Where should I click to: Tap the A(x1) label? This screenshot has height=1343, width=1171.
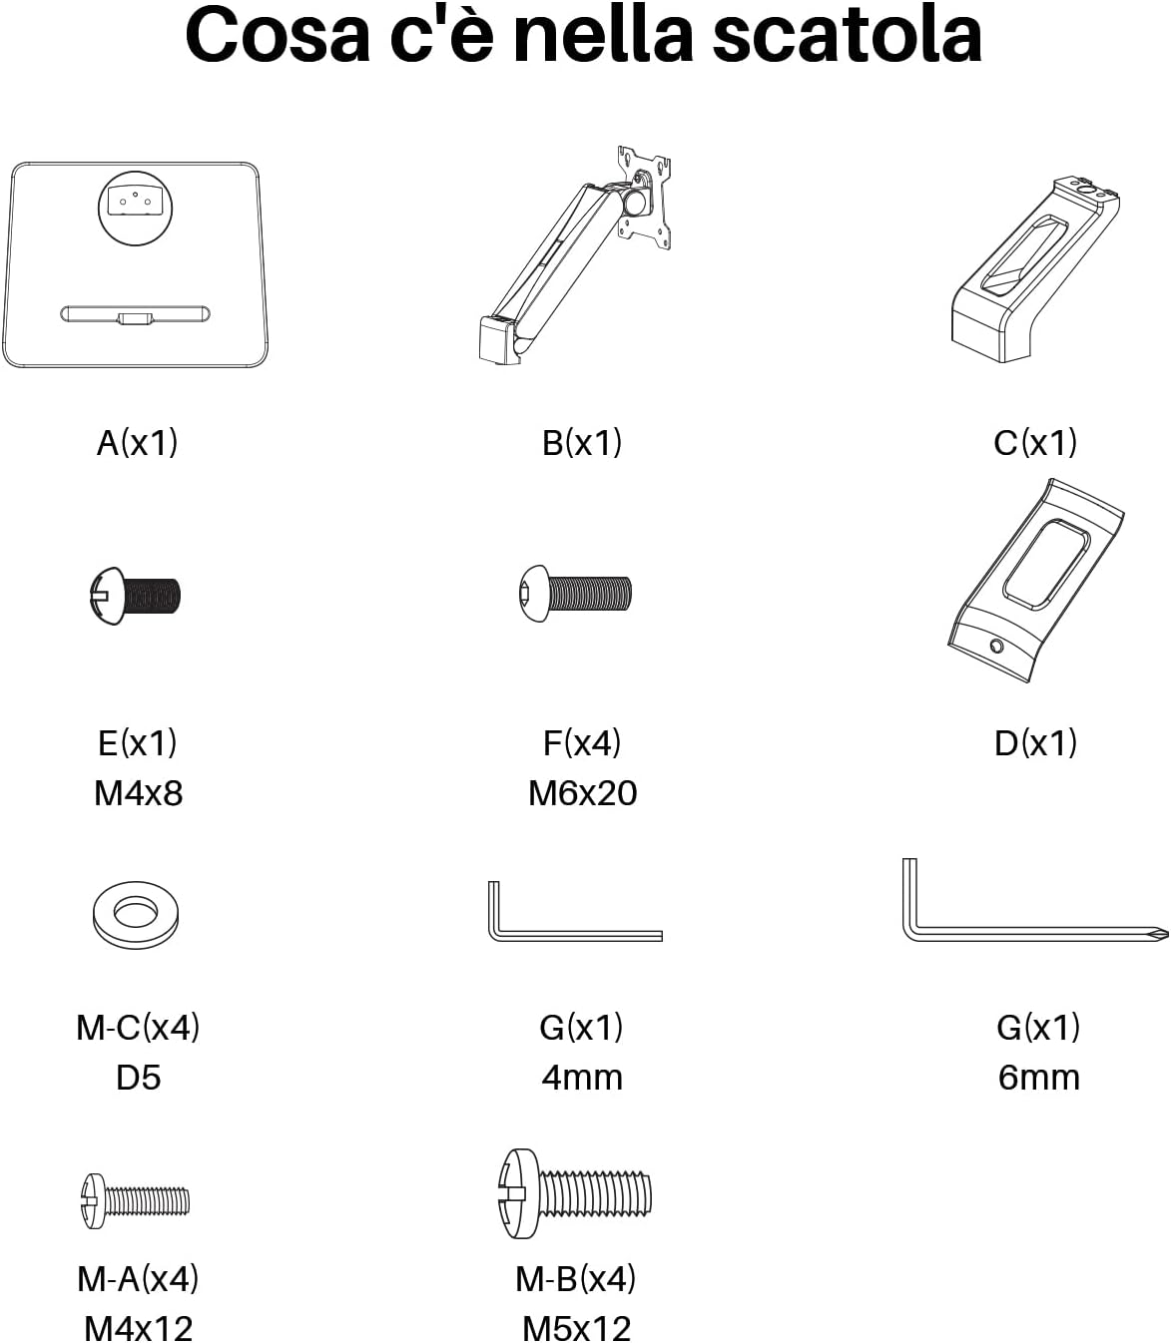coord(137,443)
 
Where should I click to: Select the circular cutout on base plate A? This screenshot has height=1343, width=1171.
coord(136,209)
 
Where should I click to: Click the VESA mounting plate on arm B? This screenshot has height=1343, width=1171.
coord(644,198)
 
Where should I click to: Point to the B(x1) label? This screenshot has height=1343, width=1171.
coord(582,443)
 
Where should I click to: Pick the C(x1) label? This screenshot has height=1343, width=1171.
coord(1035,443)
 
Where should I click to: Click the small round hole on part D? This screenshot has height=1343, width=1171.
coord(996,647)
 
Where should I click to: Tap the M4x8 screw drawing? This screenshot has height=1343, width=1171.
coord(135,596)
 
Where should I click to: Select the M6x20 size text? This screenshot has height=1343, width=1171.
coord(583,793)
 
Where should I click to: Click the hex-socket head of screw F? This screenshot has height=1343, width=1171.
coord(533,593)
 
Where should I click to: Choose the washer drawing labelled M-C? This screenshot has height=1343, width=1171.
coord(136,914)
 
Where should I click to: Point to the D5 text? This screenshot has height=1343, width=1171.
coord(138,1078)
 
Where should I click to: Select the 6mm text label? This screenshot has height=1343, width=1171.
coord(1039,1078)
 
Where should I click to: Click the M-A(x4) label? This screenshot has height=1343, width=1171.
coord(138,1279)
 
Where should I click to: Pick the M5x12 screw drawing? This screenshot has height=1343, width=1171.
coord(575,1193)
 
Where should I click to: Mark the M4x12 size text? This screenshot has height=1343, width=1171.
coord(139,1329)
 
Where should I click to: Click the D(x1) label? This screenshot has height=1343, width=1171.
coord(1035,743)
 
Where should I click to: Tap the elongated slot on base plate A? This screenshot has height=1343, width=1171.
coord(136,314)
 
